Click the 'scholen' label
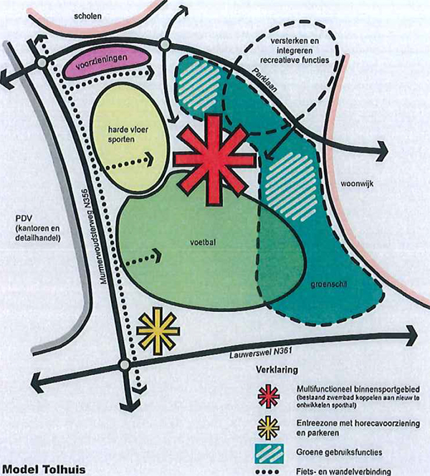(87, 16)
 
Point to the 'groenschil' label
(329, 284)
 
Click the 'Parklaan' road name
(264, 79)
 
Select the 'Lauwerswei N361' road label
(260, 352)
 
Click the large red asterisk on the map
(214, 160)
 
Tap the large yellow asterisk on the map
(158, 331)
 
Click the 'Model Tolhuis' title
(44, 470)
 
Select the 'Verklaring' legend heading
(277, 370)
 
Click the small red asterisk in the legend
(269, 396)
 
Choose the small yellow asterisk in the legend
(268, 427)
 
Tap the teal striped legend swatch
(269, 454)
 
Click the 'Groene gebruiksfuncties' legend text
(339, 452)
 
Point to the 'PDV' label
(24, 218)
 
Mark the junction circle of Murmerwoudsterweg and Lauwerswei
(124, 364)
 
